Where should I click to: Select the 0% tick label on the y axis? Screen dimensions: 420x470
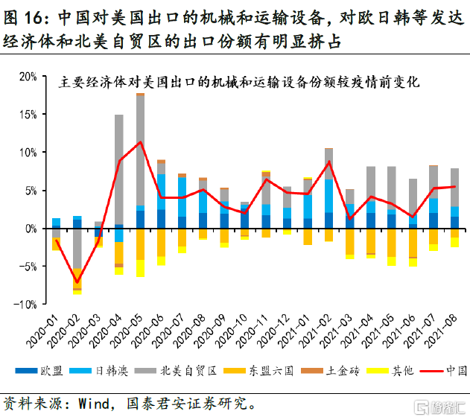pos(31,229)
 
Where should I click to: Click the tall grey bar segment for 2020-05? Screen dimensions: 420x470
pos(140,149)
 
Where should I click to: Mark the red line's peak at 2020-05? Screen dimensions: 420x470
pos(140,142)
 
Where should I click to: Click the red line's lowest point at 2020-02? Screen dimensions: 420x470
pos(77,283)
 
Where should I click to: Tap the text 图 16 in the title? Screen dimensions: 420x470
pos(26,15)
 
